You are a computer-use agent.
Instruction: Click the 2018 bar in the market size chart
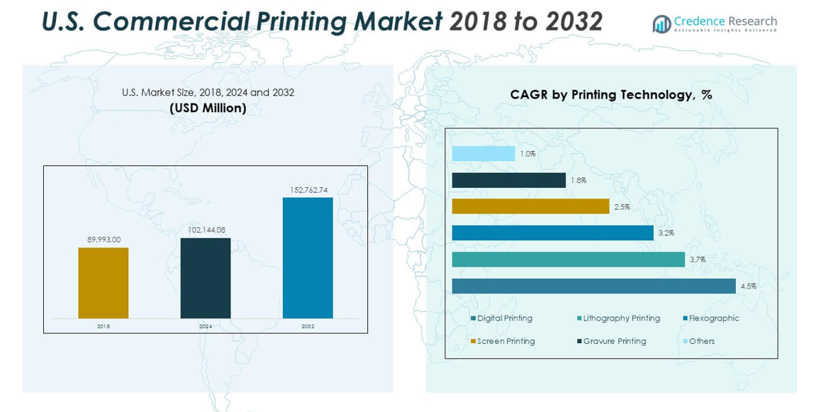[103, 283]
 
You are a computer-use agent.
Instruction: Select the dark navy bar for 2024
[205, 278]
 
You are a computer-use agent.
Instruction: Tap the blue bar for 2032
[308, 258]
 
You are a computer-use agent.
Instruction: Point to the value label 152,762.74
[308, 190]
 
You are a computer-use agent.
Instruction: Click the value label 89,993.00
[104, 240]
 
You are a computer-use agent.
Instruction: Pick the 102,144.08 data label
[206, 230]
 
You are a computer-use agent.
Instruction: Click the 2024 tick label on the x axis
[206, 326]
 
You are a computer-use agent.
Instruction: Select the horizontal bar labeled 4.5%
[594, 286]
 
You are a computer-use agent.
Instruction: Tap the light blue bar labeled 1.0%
[483, 154]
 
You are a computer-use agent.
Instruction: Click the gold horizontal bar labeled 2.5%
[531, 206]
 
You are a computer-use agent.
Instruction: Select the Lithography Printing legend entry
[618, 318]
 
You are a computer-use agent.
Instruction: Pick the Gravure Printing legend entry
[611, 341]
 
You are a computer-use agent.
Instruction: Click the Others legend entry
[698, 341]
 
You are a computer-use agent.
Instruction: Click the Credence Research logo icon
[661, 24]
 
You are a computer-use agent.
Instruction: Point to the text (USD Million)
[207, 108]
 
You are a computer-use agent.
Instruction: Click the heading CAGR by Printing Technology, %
[611, 95]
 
